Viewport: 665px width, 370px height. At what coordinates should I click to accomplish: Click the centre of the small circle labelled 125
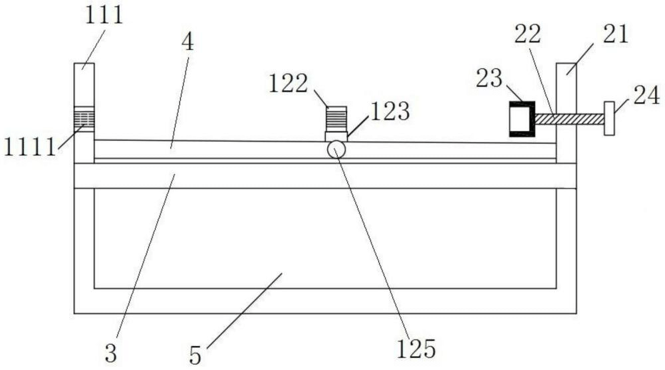pos(336,149)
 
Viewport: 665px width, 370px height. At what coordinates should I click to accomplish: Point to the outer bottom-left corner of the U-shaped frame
pos(74,314)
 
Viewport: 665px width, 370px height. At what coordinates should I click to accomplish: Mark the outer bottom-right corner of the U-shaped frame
pos(577,314)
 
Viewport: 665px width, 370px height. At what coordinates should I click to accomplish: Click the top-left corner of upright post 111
pos(74,64)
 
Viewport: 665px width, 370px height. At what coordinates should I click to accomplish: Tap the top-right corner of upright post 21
pos(576,64)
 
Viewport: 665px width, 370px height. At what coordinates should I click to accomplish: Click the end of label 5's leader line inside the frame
pos(282,274)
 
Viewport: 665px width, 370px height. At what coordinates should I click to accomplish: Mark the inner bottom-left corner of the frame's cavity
pos(94,288)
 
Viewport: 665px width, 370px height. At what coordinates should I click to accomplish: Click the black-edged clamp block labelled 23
pos(522,119)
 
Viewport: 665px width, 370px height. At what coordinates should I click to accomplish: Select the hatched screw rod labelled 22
pos(570,119)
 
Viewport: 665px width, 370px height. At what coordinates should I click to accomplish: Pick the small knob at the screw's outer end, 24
pos(609,118)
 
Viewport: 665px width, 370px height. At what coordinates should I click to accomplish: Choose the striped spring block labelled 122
pos(336,119)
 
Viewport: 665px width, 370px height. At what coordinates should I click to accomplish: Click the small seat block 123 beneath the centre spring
pos(336,136)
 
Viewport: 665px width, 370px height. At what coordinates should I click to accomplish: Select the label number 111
pos(104,15)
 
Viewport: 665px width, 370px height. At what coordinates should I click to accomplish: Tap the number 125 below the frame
pos(416,349)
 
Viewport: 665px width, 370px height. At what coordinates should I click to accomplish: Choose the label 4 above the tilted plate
pos(188,42)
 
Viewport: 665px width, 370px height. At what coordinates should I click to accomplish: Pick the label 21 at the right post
pos(615,35)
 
